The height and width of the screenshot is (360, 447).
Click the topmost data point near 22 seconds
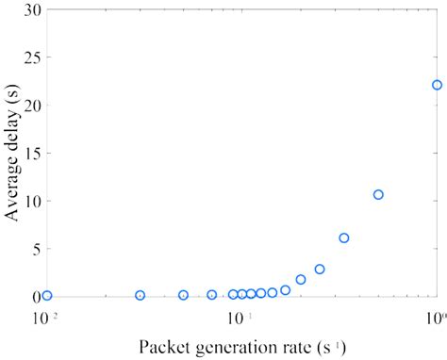[437, 85]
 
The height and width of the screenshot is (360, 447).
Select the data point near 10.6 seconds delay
[378, 194]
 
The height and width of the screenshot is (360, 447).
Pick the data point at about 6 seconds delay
[344, 237]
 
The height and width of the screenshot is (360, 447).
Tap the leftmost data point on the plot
[46, 295]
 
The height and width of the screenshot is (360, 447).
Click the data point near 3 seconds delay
[320, 269]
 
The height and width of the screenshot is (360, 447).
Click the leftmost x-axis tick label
[44, 318]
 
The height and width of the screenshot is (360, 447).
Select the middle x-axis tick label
[240, 318]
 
